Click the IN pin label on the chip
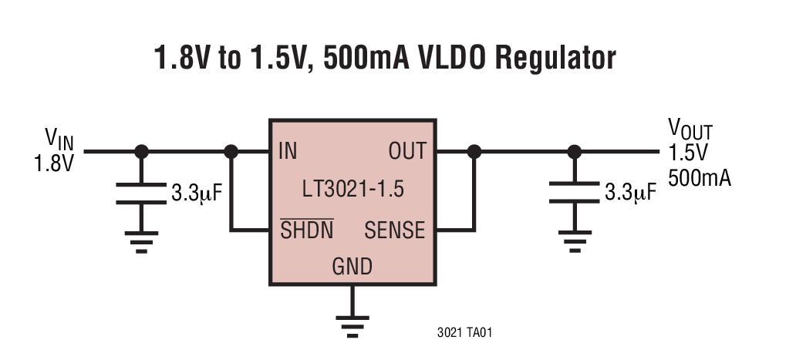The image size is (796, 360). (287, 151)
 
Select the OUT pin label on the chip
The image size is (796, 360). (406, 151)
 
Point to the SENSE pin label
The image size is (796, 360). (394, 230)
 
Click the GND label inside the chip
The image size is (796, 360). (352, 267)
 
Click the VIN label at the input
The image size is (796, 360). (59, 139)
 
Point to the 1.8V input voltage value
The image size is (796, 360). (53, 163)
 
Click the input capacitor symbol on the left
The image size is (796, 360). (141, 193)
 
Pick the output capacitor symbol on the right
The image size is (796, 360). (574, 193)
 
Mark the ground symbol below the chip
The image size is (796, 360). (352, 324)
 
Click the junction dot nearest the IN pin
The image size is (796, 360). (231, 152)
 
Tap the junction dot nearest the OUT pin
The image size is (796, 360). (474, 152)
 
